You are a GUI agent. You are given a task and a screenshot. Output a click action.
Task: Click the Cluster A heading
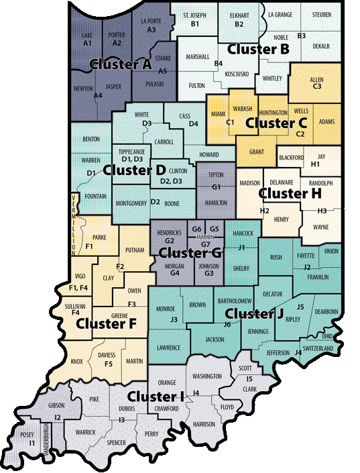coord(120,65)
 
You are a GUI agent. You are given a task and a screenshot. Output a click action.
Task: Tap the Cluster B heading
coord(258,49)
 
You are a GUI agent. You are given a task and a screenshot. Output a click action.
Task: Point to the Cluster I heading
coord(156,396)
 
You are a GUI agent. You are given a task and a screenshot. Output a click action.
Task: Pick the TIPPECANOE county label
coord(131,152)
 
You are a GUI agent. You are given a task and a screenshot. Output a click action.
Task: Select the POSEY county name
coord(27,434)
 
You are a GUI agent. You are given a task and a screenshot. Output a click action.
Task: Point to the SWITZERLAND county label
coord(318,349)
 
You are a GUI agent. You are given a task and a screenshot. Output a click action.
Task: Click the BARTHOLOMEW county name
coord(234,299)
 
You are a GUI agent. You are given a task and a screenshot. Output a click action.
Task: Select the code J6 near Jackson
coord(227,325)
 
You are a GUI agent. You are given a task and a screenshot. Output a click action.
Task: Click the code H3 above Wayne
coord(322,211)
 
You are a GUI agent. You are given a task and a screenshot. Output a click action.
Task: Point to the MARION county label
coord(205,237)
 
